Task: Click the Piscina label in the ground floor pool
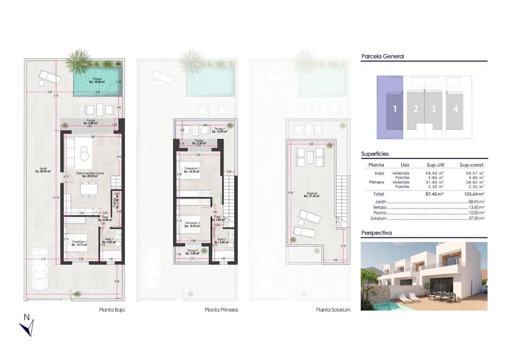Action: point(97,80)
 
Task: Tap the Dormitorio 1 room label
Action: point(80,243)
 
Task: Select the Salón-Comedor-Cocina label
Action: point(90,174)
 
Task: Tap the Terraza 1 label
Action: point(220,130)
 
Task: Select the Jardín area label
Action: point(43,170)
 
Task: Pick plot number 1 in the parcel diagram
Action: point(394,109)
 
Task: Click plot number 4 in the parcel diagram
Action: point(455,109)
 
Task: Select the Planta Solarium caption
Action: point(333,310)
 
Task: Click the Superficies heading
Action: point(375,154)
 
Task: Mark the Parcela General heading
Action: point(382,56)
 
